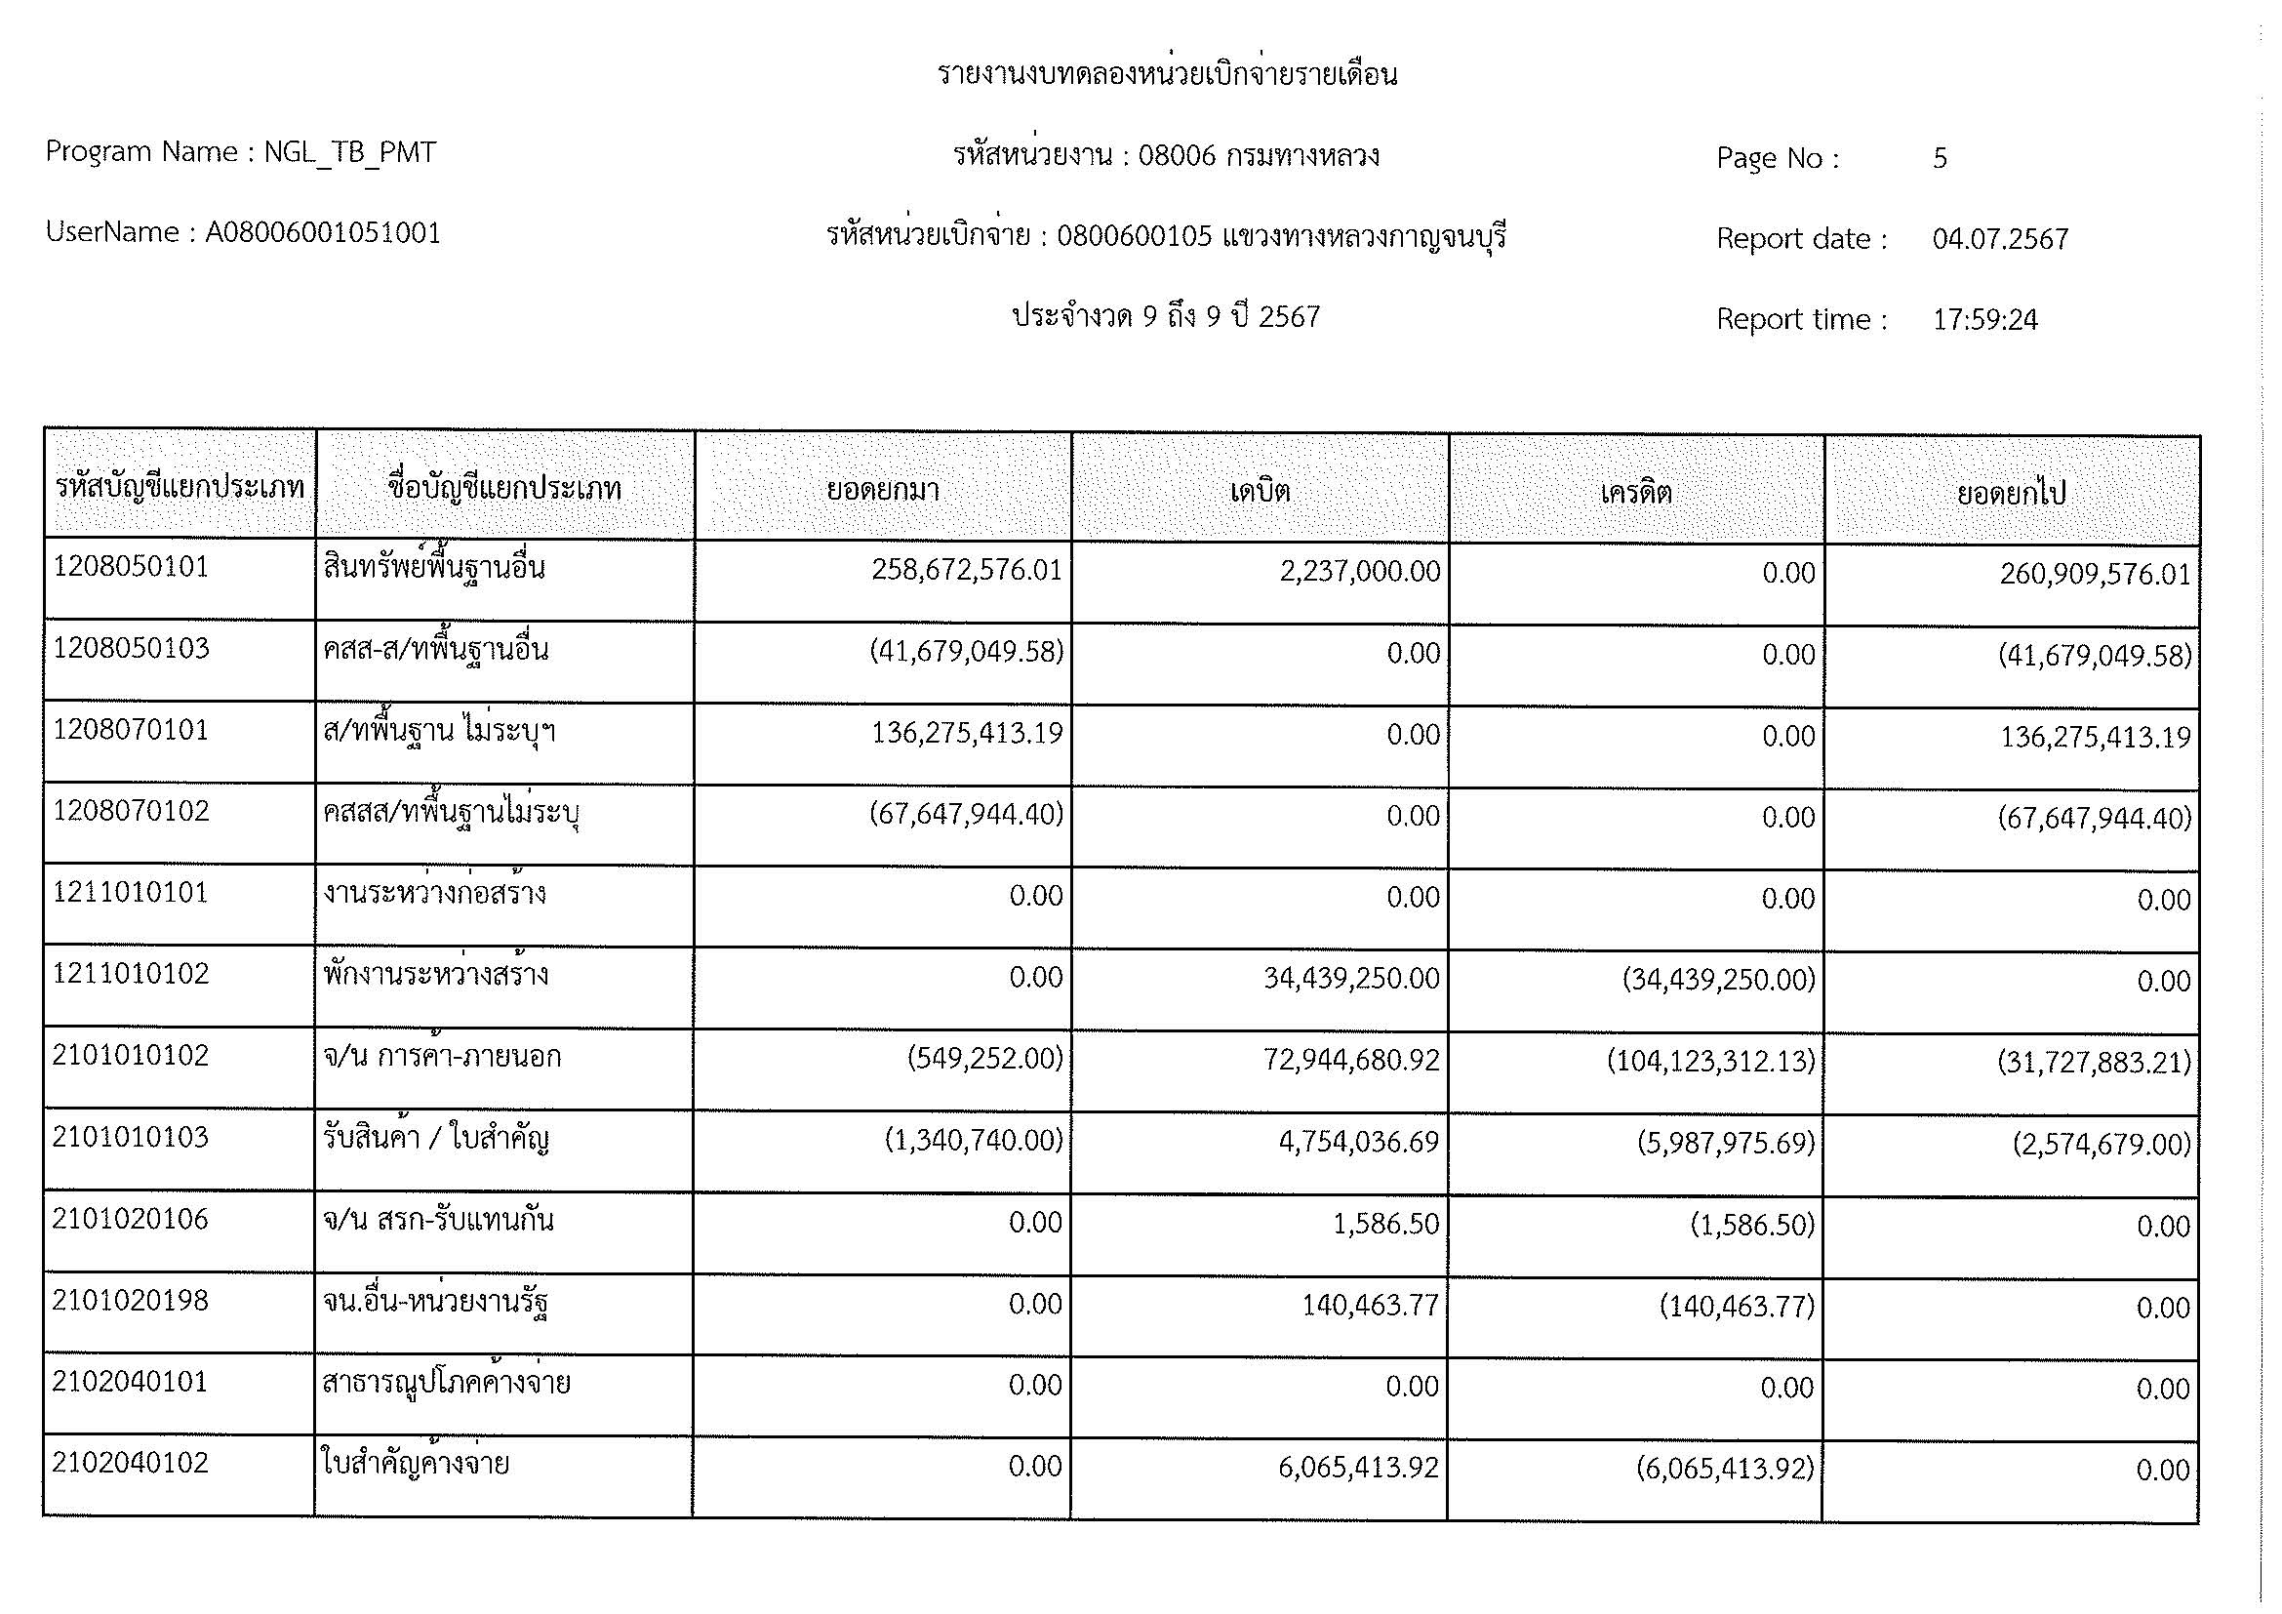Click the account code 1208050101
tap(131, 568)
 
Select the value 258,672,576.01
tap(966, 571)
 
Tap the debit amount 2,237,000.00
tap(1360, 572)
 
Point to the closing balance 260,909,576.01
tap(2095, 575)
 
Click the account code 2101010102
tap(131, 1056)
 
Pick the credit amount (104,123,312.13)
tap(1710, 1062)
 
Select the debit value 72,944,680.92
tap(1350, 1061)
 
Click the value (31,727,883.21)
tap(2094, 1064)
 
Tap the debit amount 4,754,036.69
tap(1359, 1142)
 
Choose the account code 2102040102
tap(131, 1463)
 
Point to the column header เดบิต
tap(1260, 491)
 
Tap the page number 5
tap(1940, 158)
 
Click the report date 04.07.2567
tap(2000, 239)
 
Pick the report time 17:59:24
tap(1984, 320)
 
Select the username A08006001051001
tap(323, 233)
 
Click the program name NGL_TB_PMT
tap(350, 153)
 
